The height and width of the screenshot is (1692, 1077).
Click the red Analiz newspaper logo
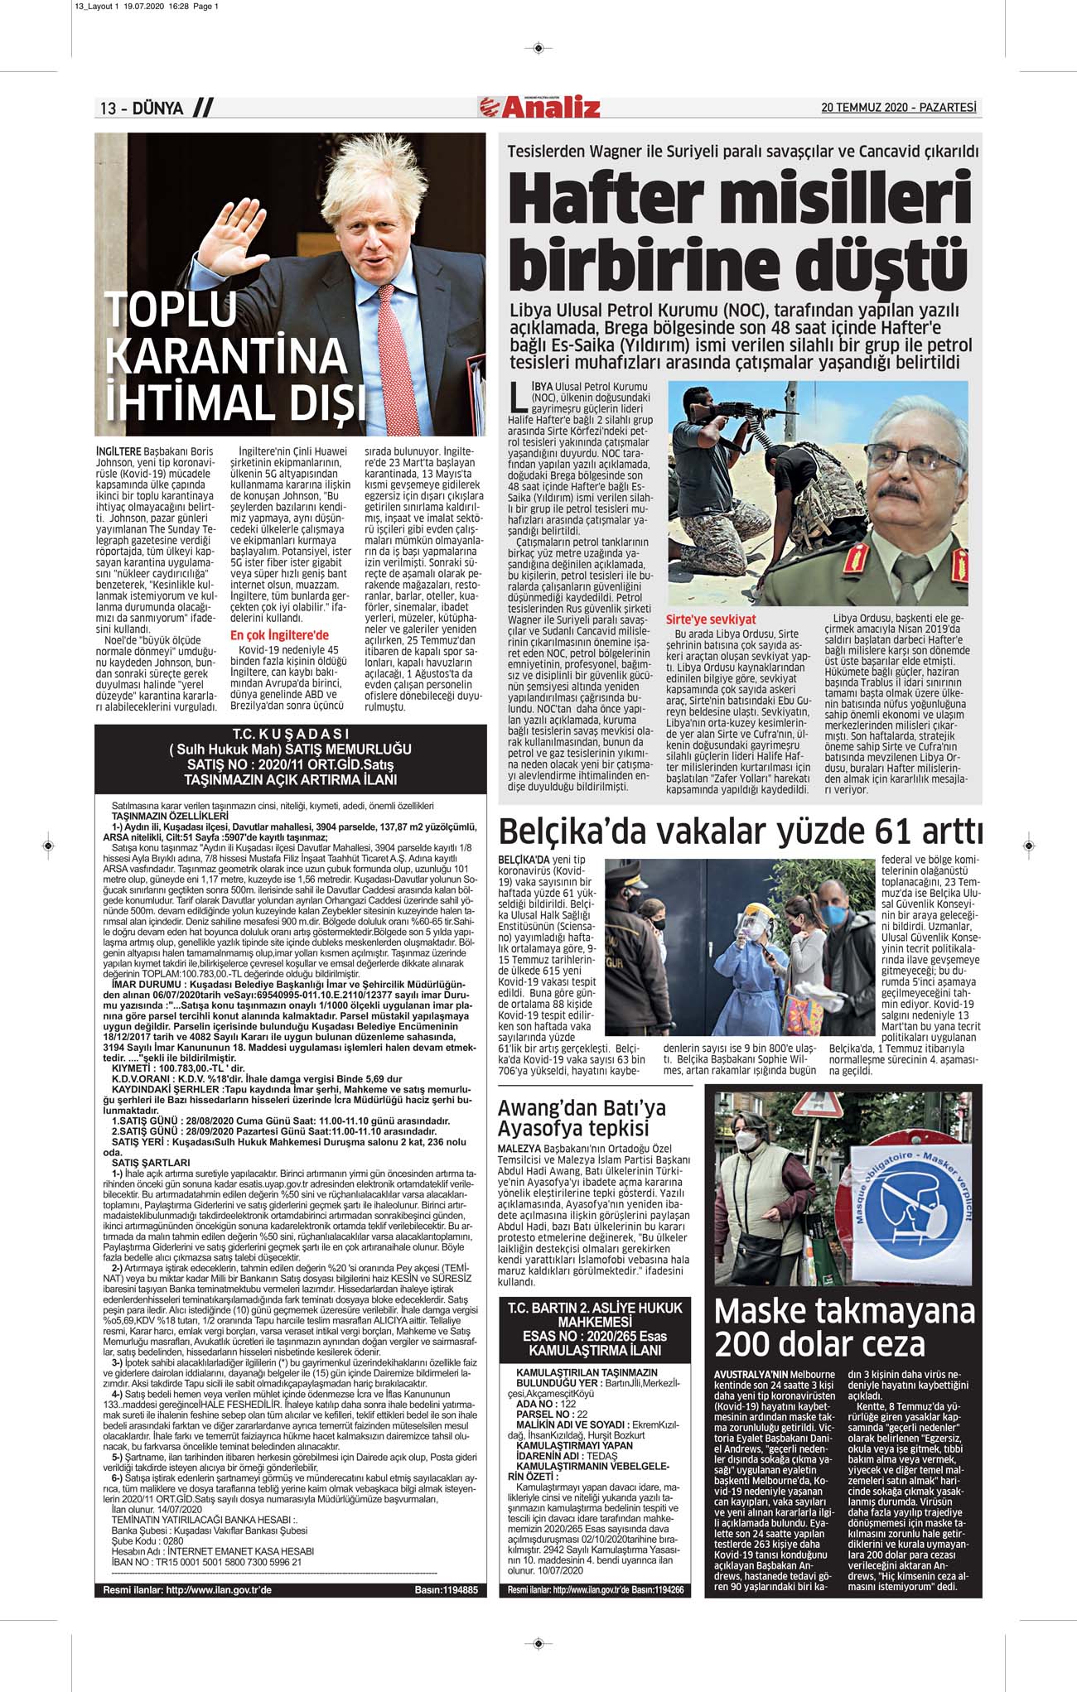pyautogui.click(x=539, y=107)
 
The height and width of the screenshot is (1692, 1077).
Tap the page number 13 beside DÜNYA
pyautogui.click(x=109, y=108)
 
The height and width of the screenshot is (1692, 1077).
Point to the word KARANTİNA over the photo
pyautogui.click(x=225, y=356)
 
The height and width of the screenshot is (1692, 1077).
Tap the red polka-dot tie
pyautogui.click(x=390, y=348)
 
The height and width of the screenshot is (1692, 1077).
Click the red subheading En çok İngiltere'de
pyautogui.click(x=279, y=635)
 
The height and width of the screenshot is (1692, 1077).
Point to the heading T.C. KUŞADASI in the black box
pyautogui.click(x=290, y=734)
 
